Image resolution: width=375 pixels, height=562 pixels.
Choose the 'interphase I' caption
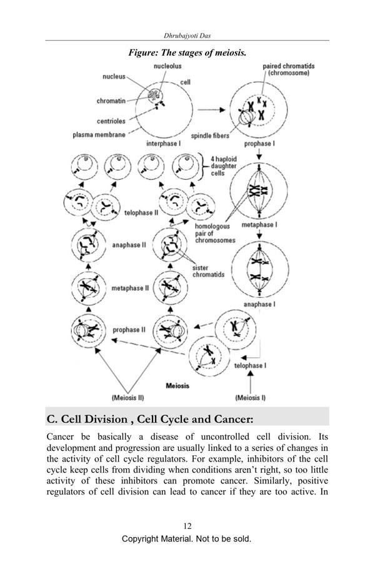163,145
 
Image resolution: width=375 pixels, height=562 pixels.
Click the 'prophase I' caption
257,145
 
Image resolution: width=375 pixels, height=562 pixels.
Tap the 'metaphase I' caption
259,224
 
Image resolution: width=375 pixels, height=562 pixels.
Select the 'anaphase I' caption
258,304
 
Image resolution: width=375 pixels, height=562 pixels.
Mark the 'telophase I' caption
252,362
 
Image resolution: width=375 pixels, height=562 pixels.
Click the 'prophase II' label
129,329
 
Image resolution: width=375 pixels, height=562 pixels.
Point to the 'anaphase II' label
129,245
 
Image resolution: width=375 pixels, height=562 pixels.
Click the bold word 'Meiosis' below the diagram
177,385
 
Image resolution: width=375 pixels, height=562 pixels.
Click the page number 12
187,525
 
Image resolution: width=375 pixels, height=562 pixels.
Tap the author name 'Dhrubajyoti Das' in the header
187,36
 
